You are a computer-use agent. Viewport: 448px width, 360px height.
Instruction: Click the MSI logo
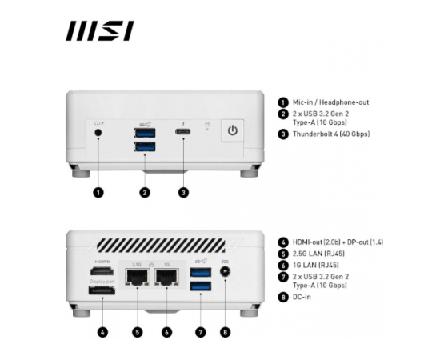100,30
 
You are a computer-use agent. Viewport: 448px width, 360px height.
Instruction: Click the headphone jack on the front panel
98,133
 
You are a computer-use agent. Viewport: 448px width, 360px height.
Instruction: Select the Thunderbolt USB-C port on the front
183,132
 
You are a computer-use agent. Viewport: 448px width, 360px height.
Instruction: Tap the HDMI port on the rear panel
102,271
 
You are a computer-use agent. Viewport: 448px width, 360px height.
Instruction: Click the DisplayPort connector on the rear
102,290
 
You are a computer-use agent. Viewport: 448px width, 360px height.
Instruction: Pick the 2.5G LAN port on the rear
138,277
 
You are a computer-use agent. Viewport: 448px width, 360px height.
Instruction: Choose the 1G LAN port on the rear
167,277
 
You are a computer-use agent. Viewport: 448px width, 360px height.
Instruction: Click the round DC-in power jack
226,271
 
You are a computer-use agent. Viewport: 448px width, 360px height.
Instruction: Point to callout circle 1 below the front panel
98,193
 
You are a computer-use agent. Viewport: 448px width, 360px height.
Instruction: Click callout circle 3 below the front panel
183,193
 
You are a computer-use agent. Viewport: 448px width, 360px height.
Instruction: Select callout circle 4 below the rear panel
102,332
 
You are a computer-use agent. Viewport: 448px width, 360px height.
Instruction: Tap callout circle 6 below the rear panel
167,332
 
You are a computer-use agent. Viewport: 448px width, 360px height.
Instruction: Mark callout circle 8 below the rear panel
226,332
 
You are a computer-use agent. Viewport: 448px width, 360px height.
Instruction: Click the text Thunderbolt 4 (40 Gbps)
331,134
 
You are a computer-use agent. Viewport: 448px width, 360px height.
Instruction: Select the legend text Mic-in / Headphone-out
330,102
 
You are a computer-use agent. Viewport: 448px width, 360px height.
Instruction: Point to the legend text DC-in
302,297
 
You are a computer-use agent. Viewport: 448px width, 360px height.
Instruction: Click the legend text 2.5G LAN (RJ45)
318,254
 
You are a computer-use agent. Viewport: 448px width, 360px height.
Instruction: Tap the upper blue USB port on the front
145,133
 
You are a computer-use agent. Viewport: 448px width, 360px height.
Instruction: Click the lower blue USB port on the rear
201,286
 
